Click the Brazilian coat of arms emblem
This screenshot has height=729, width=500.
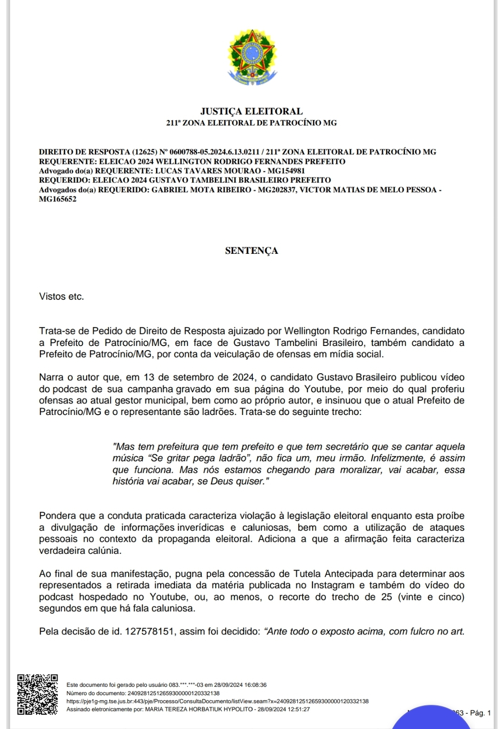point(251,57)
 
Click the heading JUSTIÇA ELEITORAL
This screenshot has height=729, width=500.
point(251,111)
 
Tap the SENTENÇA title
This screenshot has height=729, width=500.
point(251,251)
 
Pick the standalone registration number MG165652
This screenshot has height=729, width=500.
point(57,200)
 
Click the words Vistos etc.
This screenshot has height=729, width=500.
point(62,296)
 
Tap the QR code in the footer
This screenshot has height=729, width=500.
point(37,694)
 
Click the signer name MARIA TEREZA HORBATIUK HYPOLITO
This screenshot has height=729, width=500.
point(199,709)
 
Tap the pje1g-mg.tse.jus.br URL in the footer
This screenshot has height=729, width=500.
point(218,701)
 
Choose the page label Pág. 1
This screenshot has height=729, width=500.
point(480,713)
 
